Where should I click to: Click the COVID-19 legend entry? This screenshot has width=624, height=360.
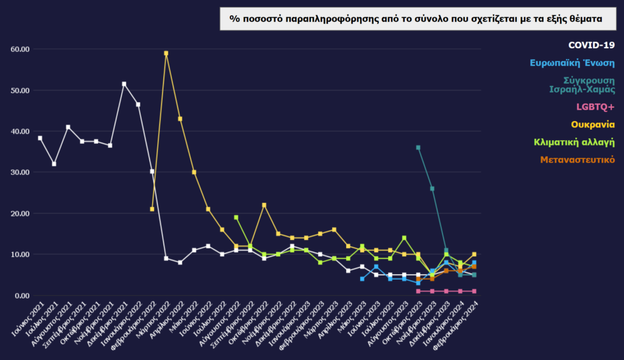pyautogui.click(x=591, y=45)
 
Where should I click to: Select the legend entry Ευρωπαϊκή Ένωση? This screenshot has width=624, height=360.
pyautogui.click(x=572, y=63)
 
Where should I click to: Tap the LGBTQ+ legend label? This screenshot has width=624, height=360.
pyautogui.click(x=595, y=107)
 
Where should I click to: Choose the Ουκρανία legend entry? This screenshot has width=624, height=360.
pyautogui.click(x=593, y=124)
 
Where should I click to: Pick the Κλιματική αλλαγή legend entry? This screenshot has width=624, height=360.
pyautogui.click(x=574, y=142)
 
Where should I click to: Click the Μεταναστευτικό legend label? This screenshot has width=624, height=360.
pyautogui.click(x=578, y=160)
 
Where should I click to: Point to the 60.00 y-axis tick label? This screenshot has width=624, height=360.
pyautogui.click(x=20, y=49)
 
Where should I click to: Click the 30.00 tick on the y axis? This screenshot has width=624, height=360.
pyautogui.click(x=20, y=172)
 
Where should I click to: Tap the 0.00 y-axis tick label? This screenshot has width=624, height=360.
pyautogui.click(x=22, y=295)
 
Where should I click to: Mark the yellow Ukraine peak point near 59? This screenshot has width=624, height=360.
pyautogui.click(x=166, y=53)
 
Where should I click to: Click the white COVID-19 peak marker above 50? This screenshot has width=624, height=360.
pyautogui.click(x=124, y=84)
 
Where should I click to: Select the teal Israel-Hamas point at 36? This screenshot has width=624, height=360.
pyautogui.click(x=418, y=147)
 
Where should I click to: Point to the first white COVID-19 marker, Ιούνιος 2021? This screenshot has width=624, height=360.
pyautogui.click(x=40, y=138)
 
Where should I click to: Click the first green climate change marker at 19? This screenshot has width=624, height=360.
pyautogui.click(x=236, y=217)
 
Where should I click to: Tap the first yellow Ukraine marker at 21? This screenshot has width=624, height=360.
pyautogui.click(x=152, y=209)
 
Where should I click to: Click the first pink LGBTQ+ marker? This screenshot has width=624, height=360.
pyautogui.click(x=418, y=291)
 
